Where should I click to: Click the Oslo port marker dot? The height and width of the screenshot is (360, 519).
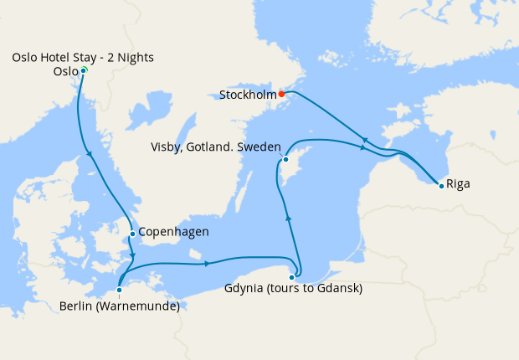click(x=84, y=70)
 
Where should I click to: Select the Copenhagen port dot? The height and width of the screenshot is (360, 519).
click(x=132, y=234)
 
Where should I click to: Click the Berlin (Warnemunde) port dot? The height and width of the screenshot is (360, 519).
click(x=120, y=291)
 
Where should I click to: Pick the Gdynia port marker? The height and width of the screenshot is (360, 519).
click(x=292, y=277)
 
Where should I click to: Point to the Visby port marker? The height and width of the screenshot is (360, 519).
click(x=285, y=159)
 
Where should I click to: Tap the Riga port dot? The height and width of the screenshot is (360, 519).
click(x=441, y=185)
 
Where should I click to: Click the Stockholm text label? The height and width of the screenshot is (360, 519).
click(x=248, y=95)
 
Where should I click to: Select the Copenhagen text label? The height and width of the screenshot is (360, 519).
click(x=173, y=232)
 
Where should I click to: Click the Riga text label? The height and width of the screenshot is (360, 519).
click(x=459, y=183)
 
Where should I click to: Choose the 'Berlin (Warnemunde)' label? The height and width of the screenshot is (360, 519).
click(x=120, y=306)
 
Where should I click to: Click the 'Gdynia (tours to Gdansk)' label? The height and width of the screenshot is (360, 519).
click(x=293, y=290)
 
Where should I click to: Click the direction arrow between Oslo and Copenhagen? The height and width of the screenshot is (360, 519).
click(x=90, y=153)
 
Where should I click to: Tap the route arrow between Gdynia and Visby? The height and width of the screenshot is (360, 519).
click(x=289, y=218)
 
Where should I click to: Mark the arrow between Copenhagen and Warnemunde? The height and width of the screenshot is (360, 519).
click(x=132, y=255)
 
